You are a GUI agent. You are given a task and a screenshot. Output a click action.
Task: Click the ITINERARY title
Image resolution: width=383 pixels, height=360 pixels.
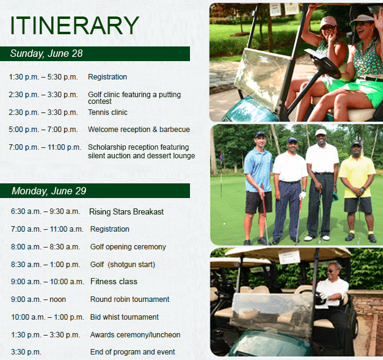[75, 26]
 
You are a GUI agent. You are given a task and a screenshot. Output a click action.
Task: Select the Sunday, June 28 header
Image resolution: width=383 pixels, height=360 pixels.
[46, 54]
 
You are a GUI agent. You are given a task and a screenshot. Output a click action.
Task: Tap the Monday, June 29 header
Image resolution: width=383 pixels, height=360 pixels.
[49, 191]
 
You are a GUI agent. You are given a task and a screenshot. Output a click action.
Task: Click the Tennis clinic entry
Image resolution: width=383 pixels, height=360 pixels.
[108, 112]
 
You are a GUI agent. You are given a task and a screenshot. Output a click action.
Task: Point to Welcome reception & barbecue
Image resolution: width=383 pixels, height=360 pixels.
[139, 130]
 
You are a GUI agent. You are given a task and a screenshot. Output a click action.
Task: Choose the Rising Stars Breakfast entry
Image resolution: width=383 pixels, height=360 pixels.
[126, 211]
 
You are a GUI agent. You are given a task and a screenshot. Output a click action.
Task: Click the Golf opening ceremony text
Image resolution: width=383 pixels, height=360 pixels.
[128, 247]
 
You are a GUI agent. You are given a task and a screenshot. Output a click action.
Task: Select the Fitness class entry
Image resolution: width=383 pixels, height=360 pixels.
[114, 282]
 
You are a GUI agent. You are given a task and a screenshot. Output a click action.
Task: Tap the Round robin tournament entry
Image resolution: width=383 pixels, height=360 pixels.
[129, 299]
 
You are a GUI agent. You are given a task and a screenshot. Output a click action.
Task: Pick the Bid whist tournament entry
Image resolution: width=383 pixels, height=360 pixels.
[125, 317]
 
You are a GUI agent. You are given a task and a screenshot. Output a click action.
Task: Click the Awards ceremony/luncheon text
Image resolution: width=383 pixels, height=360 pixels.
[136, 334]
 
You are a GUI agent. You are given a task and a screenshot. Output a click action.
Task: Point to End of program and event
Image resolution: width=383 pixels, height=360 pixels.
[133, 352]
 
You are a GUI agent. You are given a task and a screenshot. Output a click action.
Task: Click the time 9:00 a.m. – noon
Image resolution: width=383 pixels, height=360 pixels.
[38, 299]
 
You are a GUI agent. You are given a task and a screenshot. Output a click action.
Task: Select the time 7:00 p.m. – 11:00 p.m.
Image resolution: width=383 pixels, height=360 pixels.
[45, 147]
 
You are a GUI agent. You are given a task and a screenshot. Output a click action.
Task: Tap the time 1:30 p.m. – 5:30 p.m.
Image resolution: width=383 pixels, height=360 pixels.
[43, 77]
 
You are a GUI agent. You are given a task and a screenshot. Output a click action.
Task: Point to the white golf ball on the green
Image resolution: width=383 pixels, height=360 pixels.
[224, 224]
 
